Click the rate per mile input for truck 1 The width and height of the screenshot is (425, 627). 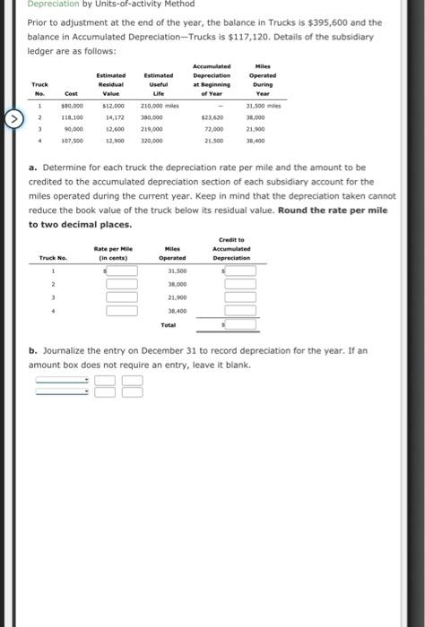[x=123, y=271]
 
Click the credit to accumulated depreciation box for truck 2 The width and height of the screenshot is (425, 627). [x=239, y=285]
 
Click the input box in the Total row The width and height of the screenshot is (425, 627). [x=239, y=325]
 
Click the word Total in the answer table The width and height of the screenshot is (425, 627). [x=169, y=325]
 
